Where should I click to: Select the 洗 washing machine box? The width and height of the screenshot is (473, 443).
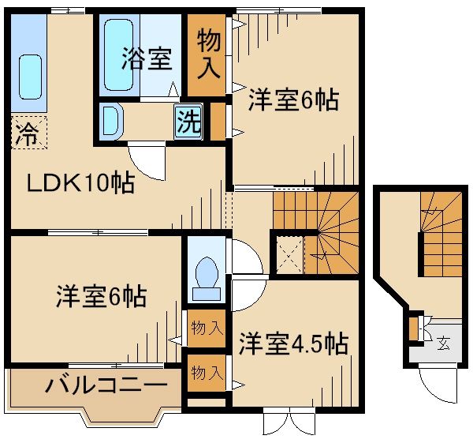188,122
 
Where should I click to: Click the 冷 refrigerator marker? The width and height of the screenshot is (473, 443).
25,133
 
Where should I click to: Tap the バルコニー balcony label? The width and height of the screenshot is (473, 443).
105,387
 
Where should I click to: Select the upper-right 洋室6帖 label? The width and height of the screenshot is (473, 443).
293,100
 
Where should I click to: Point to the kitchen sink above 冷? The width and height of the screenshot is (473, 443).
28,76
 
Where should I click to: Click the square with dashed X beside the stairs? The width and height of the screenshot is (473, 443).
287,252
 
